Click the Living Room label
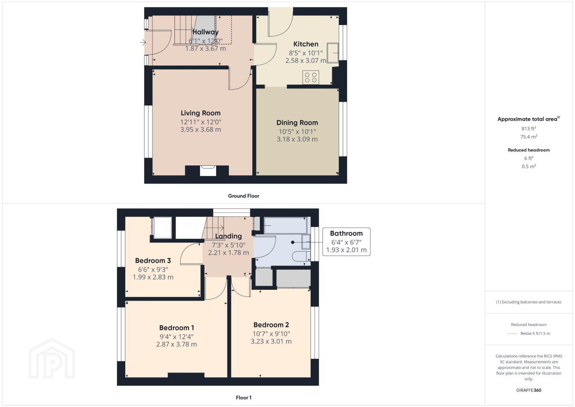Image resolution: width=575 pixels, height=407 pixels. click(x=200, y=113)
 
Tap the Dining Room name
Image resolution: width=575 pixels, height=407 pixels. click(x=297, y=123)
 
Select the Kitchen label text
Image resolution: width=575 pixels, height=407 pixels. click(x=306, y=44)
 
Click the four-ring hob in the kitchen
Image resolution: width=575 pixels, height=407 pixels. click(x=310, y=77)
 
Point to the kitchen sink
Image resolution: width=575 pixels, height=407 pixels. click(x=333, y=53)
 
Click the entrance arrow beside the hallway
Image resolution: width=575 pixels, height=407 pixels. click(x=143, y=42)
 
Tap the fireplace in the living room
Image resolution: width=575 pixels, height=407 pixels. click(x=208, y=171)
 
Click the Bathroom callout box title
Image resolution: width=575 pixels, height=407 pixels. click(x=346, y=233)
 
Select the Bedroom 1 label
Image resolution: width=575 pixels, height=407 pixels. click(x=176, y=327)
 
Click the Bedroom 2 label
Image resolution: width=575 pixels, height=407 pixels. click(x=271, y=325)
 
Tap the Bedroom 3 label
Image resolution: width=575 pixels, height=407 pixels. click(x=153, y=261)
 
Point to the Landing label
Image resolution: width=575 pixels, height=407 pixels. click(x=228, y=236)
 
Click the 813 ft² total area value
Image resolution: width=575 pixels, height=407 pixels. click(x=529, y=129)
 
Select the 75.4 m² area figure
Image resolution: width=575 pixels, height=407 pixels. click(x=529, y=137)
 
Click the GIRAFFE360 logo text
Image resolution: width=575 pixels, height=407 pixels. click(x=529, y=390)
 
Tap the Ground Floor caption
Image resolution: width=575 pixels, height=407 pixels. click(x=244, y=196)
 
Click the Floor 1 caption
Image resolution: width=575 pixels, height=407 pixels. click(x=244, y=398)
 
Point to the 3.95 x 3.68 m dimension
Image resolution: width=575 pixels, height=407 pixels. click(x=200, y=129)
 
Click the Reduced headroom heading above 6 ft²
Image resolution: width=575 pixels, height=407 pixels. click(x=529, y=150)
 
